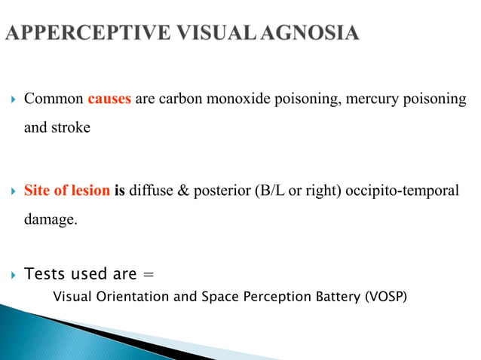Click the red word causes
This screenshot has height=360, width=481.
point(109,99)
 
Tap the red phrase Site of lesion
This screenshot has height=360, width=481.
point(67,191)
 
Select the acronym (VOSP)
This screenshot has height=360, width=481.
point(385,297)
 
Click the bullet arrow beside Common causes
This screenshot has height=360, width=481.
point(12,100)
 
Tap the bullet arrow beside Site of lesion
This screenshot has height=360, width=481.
point(12,191)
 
